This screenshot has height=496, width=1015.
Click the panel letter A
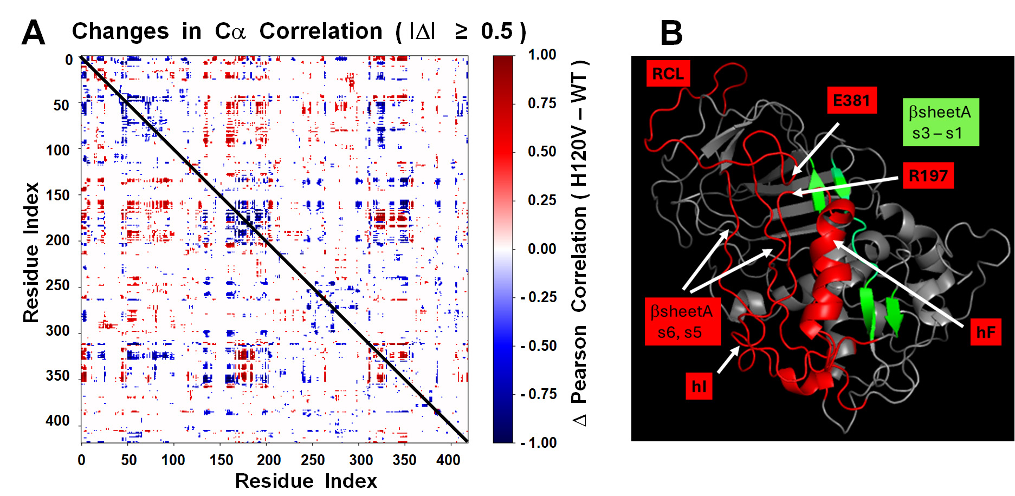[33, 32]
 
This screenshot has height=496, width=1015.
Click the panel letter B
[671, 32]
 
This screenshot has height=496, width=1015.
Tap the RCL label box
[668, 74]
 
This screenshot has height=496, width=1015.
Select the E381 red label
[851, 101]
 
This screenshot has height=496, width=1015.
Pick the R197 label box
[928, 176]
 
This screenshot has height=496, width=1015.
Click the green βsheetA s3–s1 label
[940, 122]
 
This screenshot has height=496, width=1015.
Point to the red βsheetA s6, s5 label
[682, 322]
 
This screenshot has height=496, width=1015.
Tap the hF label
[986, 332]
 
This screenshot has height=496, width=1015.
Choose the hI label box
[699, 386]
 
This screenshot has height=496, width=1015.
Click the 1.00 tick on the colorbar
[542, 55]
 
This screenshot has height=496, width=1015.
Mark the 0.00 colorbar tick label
[542, 249]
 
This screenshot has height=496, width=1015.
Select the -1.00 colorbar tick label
[539, 443]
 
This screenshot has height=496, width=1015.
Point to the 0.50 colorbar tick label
[542, 152]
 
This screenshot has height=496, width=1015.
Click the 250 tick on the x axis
[313, 460]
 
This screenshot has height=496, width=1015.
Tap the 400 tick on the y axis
[57, 421]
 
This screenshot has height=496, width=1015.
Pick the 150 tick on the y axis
[57, 195]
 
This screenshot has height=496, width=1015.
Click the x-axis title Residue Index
[306, 481]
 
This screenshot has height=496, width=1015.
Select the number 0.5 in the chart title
[496, 31]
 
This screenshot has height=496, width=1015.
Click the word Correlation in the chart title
[321, 31]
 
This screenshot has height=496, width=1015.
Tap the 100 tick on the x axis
[173, 460]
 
